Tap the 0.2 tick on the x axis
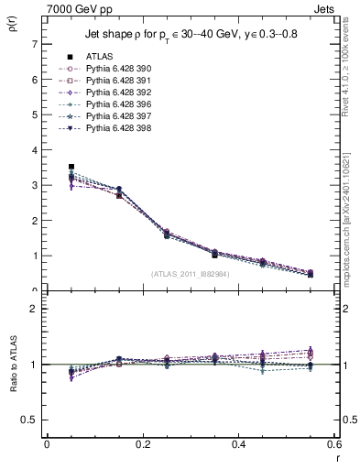[142, 444]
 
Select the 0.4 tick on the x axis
[238, 444]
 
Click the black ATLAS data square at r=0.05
[71, 167]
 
